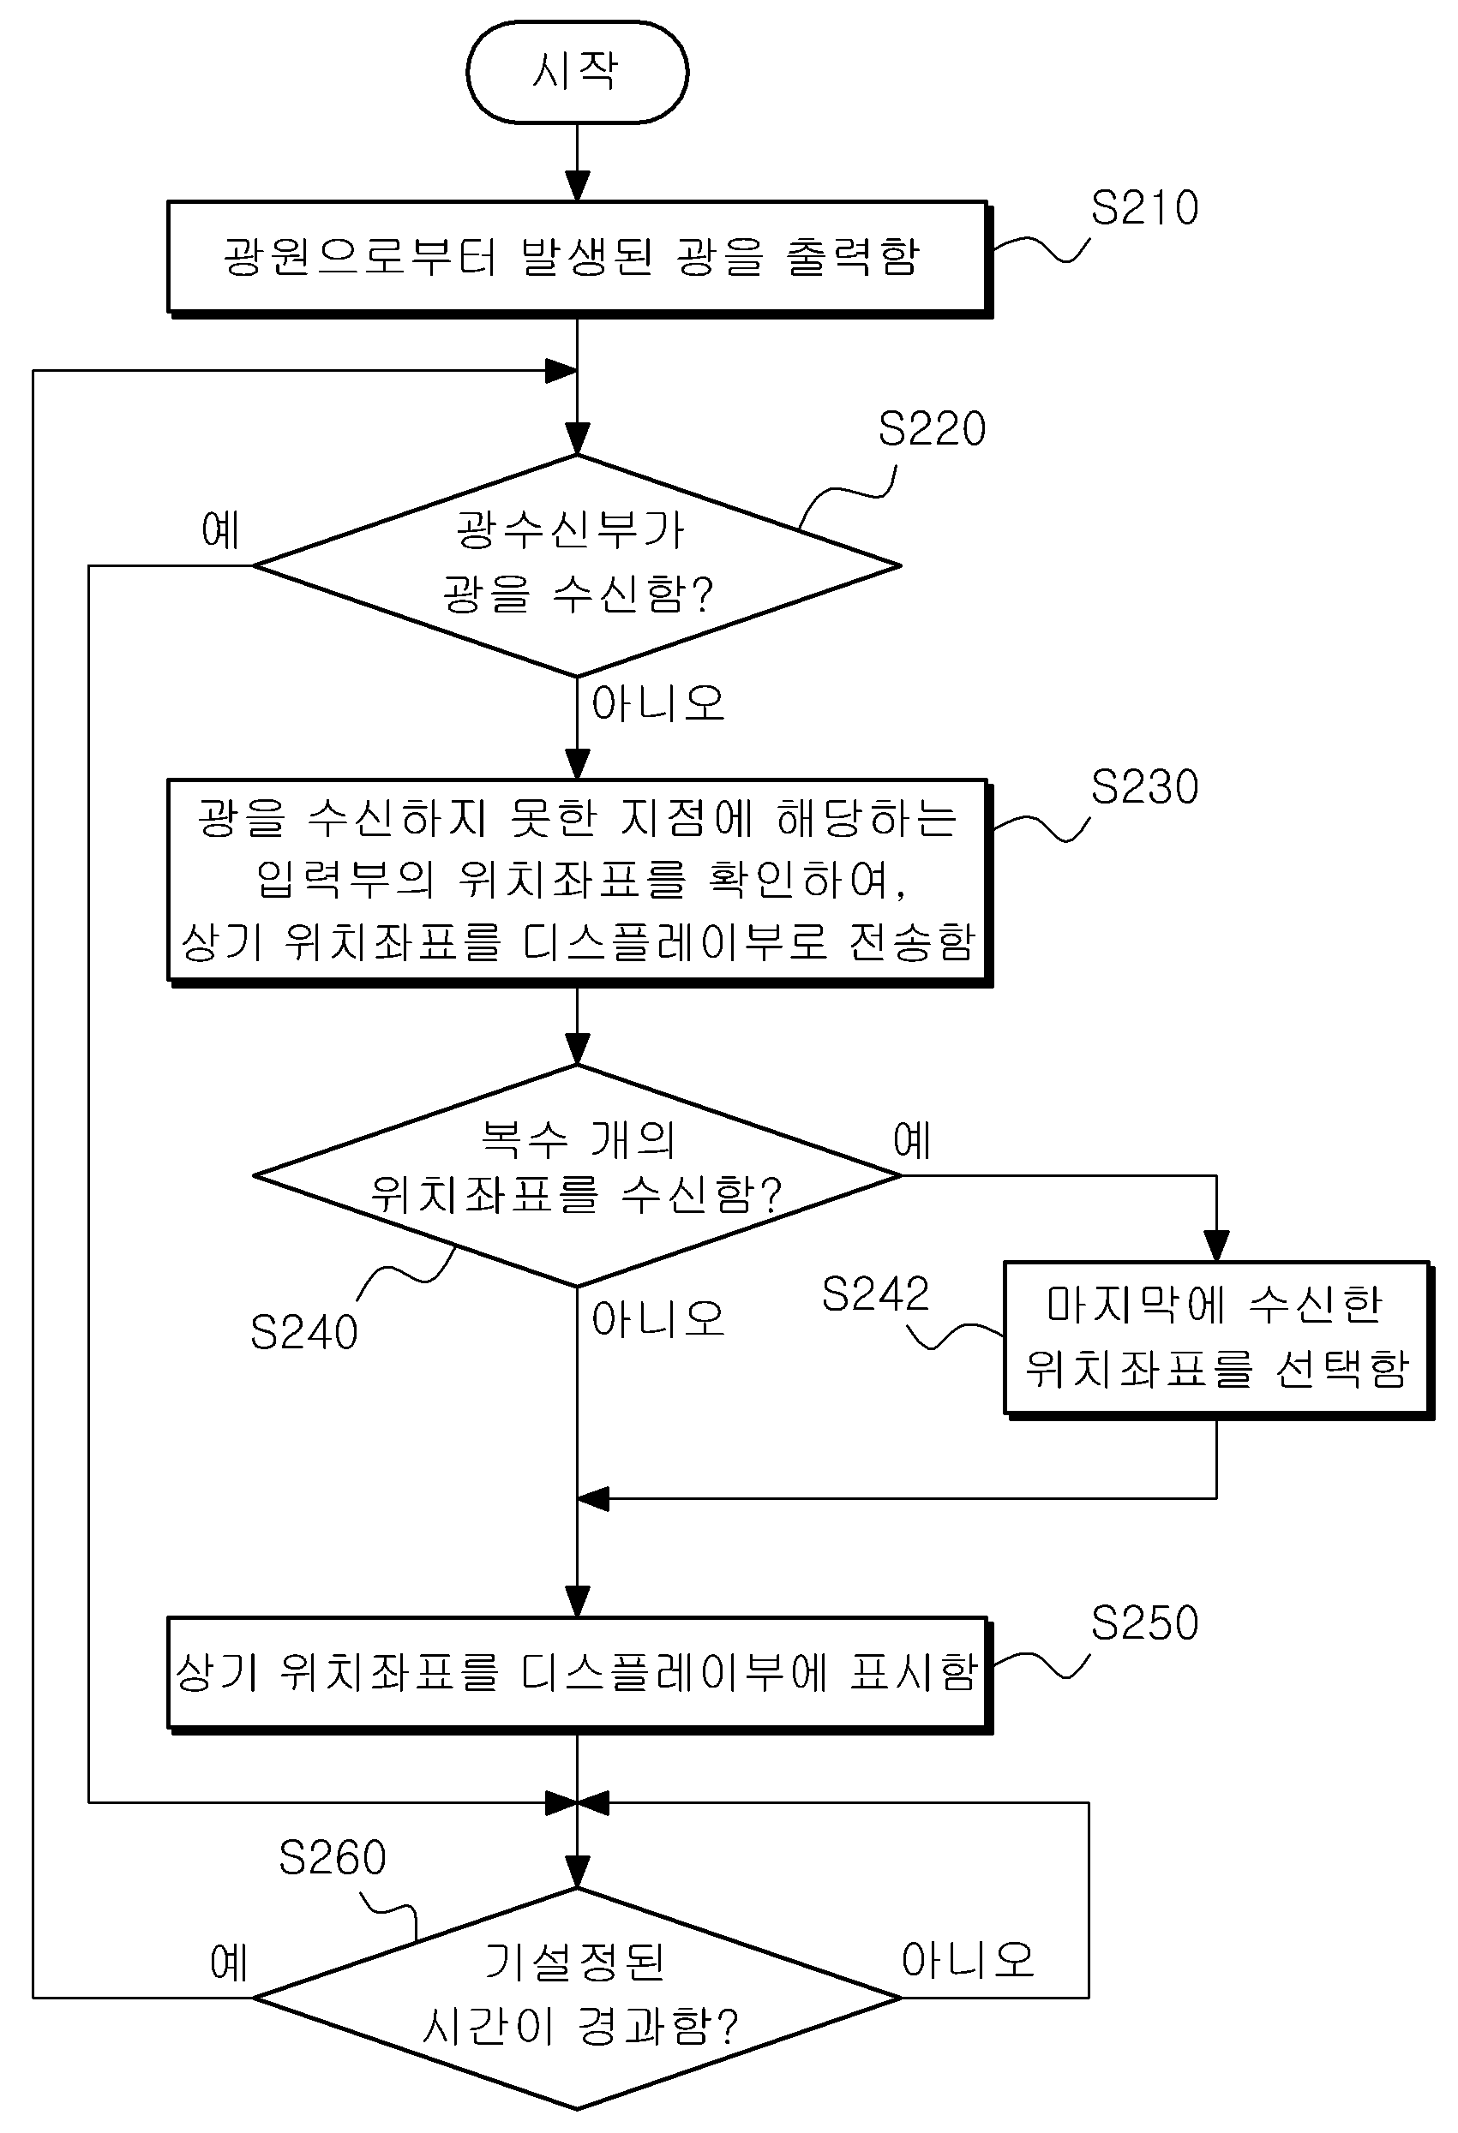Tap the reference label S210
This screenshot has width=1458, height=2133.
pyautogui.click(x=1144, y=208)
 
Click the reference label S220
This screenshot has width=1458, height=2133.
pyautogui.click(x=932, y=428)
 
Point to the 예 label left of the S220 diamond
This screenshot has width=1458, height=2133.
pyautogui.click(x=220, y=530)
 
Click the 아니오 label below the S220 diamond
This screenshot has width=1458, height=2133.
pyautogui.click(x=657, y=704)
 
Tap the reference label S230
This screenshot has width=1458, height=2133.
pyautogui.click(x=1144, y=787)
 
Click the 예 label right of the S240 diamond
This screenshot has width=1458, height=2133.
pyautogui.click(x=912, y=1141)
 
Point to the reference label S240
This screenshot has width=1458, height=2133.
pyautogui.click(x=304, y=1333)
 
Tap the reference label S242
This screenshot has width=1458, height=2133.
pyautogui.click(x=875, y=1294)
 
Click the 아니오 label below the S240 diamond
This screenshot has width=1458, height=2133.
pyautogui.click(x=657, y=1320)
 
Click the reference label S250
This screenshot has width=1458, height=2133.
pyautogui.click(x=1144, y=1623)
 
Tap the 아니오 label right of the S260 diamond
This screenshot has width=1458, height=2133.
pyautogui.click(x=968, y=1961)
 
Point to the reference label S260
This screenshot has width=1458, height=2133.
pyautogui.click(x=333, y=1859)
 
